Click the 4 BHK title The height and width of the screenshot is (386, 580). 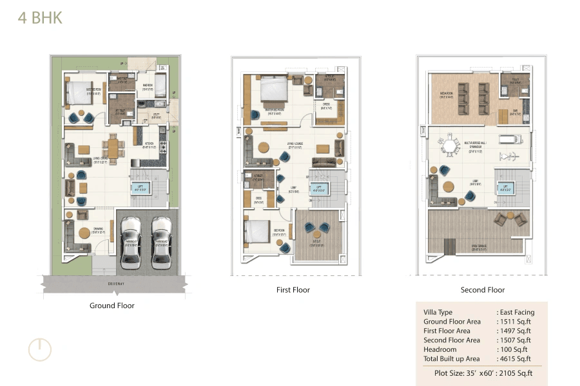[x=40, y=17]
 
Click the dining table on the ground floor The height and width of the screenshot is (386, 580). [x=113, y=149]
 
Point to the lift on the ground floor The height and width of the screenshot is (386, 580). [x=140, y=188]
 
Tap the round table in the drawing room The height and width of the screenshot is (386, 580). [x=84, y=234]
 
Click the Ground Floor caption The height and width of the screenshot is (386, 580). [x=112, y=306]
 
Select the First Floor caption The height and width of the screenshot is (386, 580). [x=293, y=290]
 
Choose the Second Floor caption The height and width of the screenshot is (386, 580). [x=483, y=290]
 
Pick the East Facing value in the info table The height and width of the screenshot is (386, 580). [x=514, y=312]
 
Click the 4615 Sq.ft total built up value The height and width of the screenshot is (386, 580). [x=514, y=358]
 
